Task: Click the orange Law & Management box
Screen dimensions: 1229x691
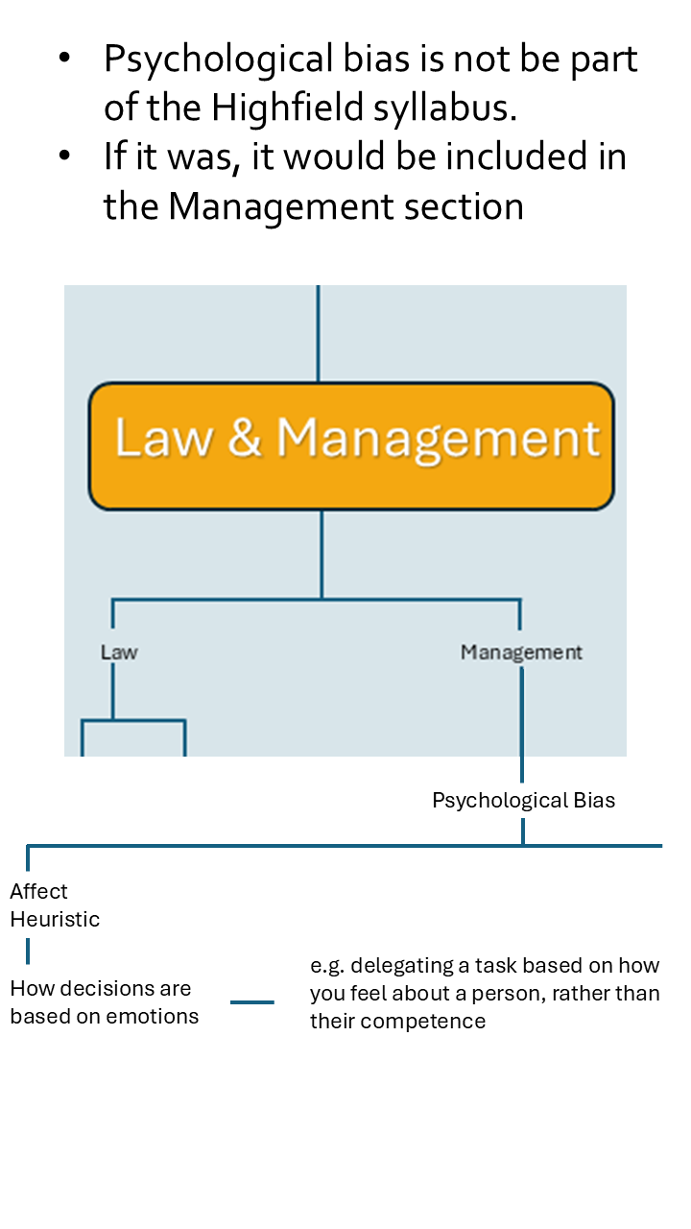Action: tap(351, 446)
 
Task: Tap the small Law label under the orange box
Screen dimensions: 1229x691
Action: tap(119, 652)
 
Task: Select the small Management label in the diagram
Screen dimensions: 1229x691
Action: tap(521, 652)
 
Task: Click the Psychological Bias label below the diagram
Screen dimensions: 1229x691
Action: tap(523, 800)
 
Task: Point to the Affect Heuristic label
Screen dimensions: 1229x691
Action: tap(55, 904)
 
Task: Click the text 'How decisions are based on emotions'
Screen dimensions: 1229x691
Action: tap(105, 1001)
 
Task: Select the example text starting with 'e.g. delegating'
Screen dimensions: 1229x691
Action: tap(485, 993)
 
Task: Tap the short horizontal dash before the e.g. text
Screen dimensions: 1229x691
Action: tap(252, 1002)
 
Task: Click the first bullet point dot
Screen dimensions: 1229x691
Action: tap(64, 60)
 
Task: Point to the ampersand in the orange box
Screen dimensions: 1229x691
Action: tap(246, 438)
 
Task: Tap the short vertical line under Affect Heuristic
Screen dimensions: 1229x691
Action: tap(28, 952)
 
